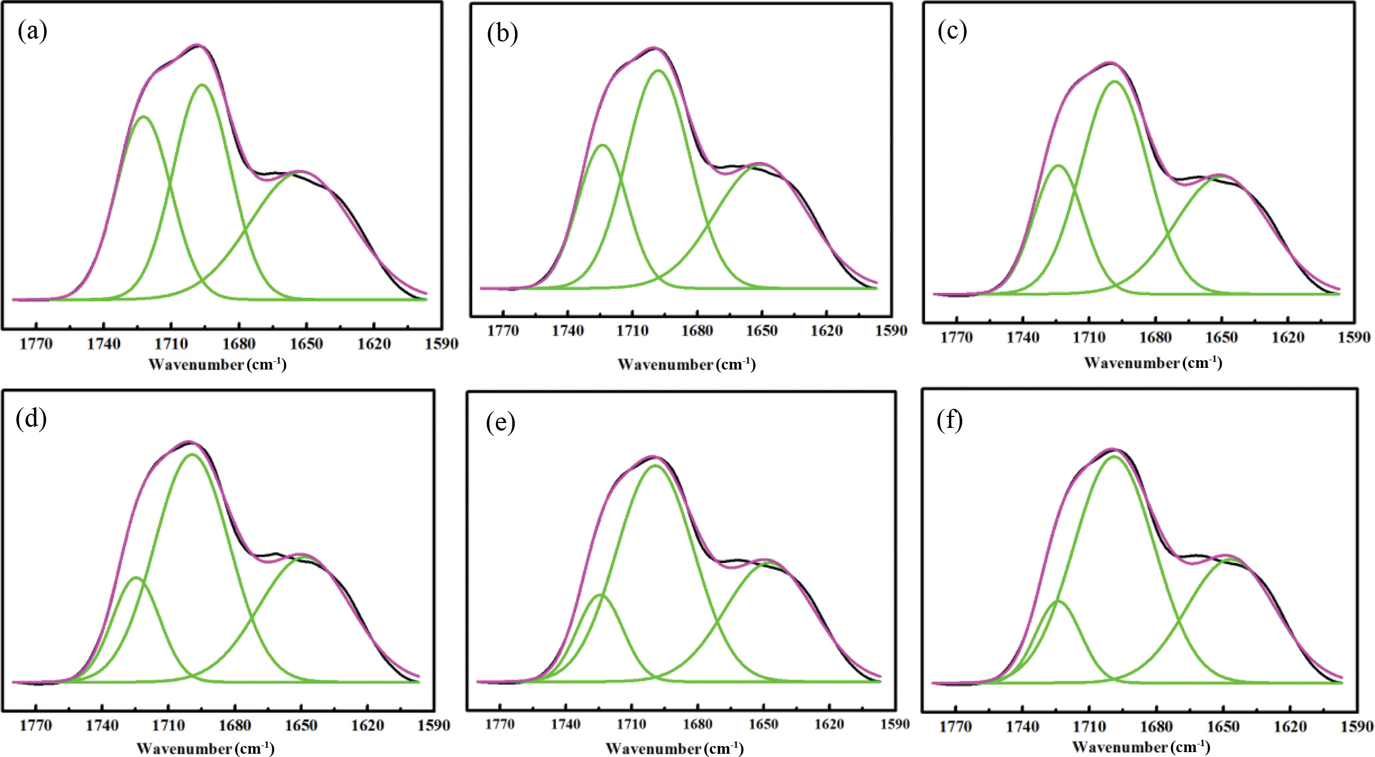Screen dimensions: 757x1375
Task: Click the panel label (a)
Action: (x=32, y=31)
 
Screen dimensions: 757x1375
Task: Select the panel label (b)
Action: (x=502, y=34)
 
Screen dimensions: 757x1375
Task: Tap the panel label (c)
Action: (x=952, y=31)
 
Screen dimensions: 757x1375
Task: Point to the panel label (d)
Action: (x=31, y=419)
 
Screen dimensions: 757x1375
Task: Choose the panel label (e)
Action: (x=500, y=422)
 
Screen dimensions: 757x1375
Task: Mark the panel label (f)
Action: (x=949, y=420)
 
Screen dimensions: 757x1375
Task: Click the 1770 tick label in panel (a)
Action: (x=36, y=344)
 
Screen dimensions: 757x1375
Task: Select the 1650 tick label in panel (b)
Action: (x=762, y=331)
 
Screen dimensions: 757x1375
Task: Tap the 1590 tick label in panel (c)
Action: (x=1354, y=338)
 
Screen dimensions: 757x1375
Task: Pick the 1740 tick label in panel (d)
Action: (x=103, y=725)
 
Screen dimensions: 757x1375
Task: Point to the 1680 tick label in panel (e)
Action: (x=697, y=724)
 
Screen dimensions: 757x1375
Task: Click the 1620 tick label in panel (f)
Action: (x=1290, y=727)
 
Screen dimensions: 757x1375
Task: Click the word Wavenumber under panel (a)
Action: (x=196, y=365)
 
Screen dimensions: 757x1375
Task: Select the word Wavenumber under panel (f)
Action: (x=1120, y=747)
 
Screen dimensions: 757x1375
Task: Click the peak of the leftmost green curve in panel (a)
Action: (x=144, y=116)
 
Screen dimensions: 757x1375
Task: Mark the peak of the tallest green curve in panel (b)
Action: (x=658, y=70)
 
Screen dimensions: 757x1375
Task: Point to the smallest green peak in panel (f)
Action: (x=1058, y=601)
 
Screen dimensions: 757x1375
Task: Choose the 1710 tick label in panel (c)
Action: (x=1089, y=338)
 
